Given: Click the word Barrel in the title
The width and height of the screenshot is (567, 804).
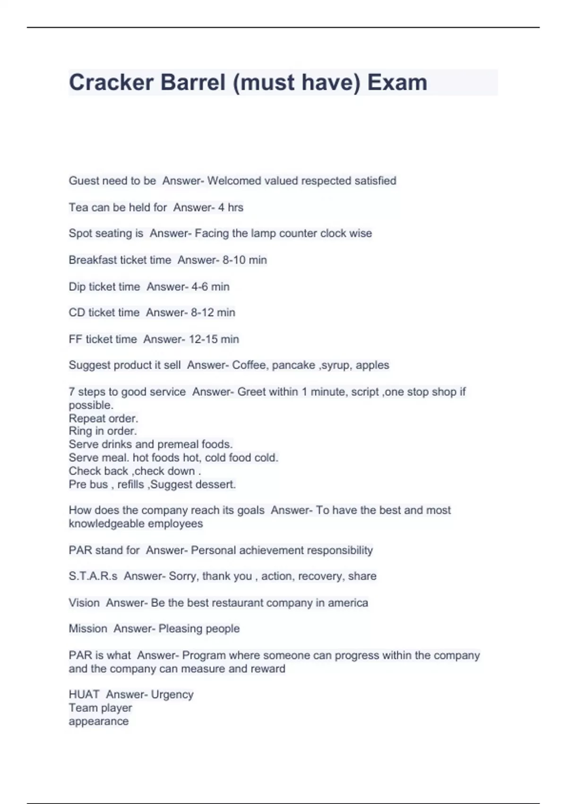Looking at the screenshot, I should pyautogui.click(x=193, y=82).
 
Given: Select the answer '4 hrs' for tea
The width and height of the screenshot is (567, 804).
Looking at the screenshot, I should pyautogui.click(x=231, y=207).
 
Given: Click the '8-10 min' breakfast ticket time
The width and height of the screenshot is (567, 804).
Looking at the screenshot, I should pyautogui.click(x=244, y=260).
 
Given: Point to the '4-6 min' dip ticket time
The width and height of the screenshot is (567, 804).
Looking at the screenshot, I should pyautogui.click(x=210, y=287).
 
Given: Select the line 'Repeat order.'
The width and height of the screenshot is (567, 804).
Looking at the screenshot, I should pyautogui.click(x=103, y=419).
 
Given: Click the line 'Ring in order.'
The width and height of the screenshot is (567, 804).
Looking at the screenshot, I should pyautogui.click(x=103, y=431).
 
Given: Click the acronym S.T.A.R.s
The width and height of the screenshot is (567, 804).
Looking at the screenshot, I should pyautogui.click(x=93, y=576).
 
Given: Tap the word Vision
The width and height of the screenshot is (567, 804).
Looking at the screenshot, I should pyautogui.click(x=84, y=603).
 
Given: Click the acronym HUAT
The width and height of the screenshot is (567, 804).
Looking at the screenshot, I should pyautogui.click(x=84, y=694).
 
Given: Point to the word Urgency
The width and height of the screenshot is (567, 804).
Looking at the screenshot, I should pyautogui.click(x=172, y=695).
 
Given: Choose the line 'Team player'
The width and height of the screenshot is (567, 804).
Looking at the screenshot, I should pyautogui.click(x=100, y=708).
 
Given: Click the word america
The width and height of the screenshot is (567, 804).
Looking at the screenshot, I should pyautogui.click(x=348, y=603).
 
